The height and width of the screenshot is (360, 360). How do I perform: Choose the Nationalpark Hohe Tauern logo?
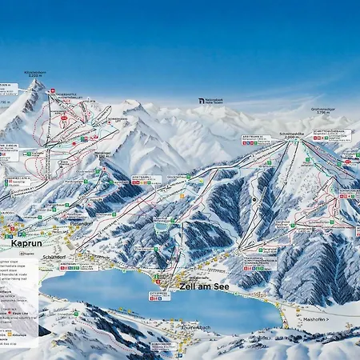[x=213, y=101]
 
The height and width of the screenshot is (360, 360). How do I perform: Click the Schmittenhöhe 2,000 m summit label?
[x=292, y=136]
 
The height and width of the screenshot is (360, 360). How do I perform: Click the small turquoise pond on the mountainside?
[x=162, y=227]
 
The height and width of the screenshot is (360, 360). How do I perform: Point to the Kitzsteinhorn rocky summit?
[x=35, y=83]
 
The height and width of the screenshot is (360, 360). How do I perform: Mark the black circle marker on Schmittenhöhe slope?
[x=254, y=199]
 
